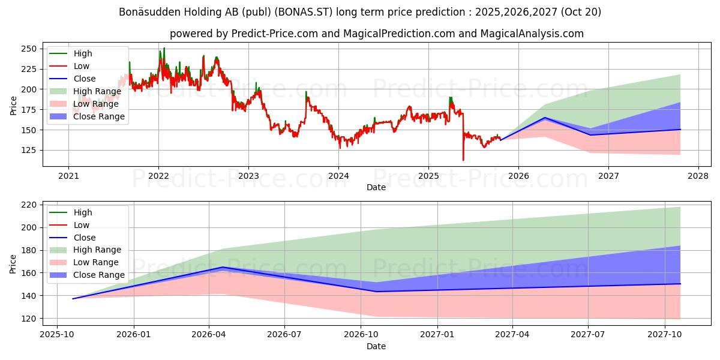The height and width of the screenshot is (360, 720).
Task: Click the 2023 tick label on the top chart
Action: tap(248, 176)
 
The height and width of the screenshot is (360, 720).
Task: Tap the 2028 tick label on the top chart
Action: tap(698, 176)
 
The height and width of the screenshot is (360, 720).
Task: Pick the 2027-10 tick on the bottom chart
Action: tap(664, 335)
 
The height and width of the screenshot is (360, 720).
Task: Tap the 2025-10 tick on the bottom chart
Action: tap(57, 335)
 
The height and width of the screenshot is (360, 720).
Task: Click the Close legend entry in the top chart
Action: tap(85, 79)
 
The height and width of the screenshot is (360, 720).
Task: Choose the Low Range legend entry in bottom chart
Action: tap(96, 262)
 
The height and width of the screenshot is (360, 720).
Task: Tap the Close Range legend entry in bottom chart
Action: tap(99, 275)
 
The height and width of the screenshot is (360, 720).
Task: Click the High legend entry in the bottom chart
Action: tap(83, 212)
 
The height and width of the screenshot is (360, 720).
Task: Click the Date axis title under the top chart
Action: tap(376, 187)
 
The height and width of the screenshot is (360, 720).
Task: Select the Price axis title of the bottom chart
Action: tap(13, 263)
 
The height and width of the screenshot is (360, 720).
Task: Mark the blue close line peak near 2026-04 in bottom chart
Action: tap(223, 267)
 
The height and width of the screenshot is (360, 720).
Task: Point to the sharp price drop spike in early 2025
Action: tap(463, 160)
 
